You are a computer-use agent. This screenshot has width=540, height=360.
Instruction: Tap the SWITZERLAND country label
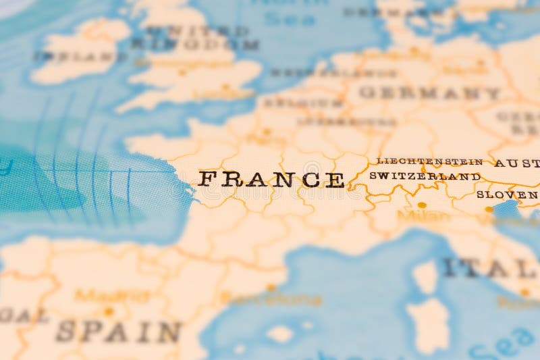[425, 176]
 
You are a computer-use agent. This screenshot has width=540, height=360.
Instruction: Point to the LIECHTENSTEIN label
[429, 161]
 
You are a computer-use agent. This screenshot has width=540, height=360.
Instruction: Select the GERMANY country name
[429, 93]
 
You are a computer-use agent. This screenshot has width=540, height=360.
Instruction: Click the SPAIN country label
[119, 331]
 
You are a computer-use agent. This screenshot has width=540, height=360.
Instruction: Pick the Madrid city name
[111, 295]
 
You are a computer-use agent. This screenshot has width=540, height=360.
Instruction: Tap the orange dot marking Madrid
[108, 311]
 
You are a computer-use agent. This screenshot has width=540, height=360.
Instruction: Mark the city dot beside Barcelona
[271, 287]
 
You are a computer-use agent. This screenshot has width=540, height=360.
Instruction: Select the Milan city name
[423, 216]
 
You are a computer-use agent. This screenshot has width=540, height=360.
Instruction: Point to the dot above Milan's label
[422, 205]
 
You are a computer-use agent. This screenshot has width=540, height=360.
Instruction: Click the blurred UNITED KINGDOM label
[196, 38]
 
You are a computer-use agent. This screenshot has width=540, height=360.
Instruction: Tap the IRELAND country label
[74, 57]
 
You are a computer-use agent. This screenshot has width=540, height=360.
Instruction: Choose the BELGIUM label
[303, 103]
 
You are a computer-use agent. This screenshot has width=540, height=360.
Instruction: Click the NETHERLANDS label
[315, 72]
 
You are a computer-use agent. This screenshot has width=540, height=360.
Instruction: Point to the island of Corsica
[425, 276]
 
